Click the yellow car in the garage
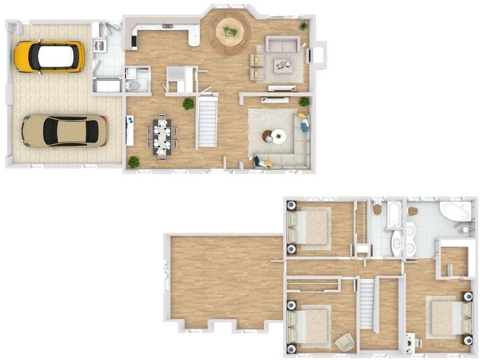pos(49,56)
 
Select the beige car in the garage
pos(64,131)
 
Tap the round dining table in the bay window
pos(229,32)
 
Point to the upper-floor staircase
pos(367,304)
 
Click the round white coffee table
pos(278,136)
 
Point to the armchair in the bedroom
pos(345,342)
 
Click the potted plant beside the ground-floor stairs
pos(188,104)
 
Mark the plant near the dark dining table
pos(133,161)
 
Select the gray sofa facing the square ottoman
pos(283,44)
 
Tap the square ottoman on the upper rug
pos(283,65)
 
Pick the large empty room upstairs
pos(225,279)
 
